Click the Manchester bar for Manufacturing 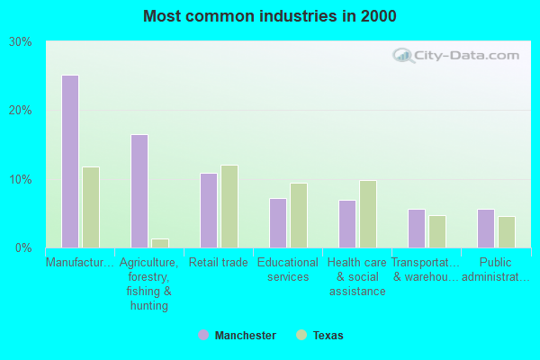(70, 162)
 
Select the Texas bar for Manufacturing (91, 207)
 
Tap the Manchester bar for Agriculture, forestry (139, 191)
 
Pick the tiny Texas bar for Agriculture (160, 243)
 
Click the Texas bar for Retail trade (229, 206)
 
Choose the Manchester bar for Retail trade (209, 210)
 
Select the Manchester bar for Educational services (278, 223)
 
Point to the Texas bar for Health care (368, 214)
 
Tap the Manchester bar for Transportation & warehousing (417, 229)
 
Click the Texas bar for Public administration (507, 232)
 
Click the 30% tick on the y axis (20, 42)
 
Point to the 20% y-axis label (20, 111)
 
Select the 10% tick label (20, 179)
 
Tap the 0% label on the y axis (23, 247)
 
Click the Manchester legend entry (238, 336)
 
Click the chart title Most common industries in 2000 (269, 16)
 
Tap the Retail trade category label (218, 263)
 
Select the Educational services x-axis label (288, 270)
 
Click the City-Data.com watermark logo (456, 56)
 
